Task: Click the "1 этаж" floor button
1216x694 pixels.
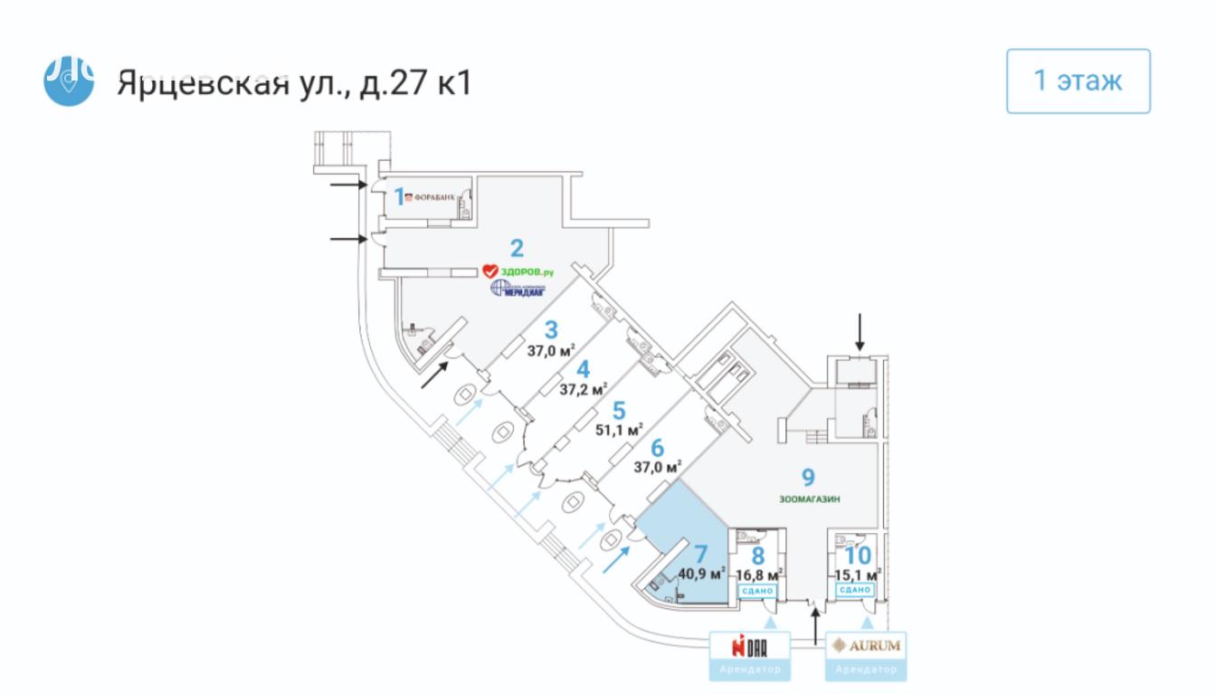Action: tap(1078, 81)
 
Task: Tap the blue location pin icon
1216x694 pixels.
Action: tap(69, 81)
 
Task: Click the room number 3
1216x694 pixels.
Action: tap(550, 329)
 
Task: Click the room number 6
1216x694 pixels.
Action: tap(658, 447)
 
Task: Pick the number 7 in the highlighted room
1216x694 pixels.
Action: tap(699, 553)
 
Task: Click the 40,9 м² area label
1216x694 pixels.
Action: tap(703, 573)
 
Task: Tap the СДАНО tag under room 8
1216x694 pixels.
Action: tap(756, 591)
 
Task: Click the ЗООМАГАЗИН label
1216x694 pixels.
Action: tap(809, 497)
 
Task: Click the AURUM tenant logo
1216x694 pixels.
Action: tap(864, 646)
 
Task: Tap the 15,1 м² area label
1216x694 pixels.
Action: tap(857, 574)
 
